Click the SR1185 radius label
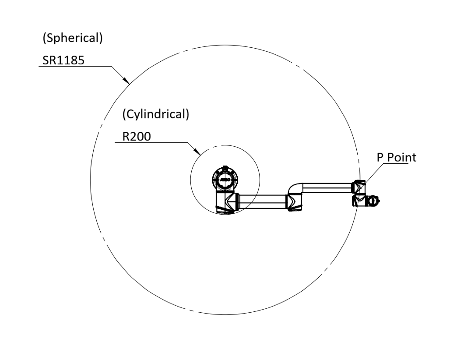click(x=63, y=60)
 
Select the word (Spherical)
click(x=73, y=38)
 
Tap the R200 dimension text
click(x=137, y=136)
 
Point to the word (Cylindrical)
click(x=156, y=114)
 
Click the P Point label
click(x=396, y=157)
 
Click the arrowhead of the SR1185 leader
click(x=126, y=80)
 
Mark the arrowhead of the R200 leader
click(x=197, y=152)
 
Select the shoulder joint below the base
click(x=228, y=202)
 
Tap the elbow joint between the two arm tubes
click(x=294, y=202)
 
